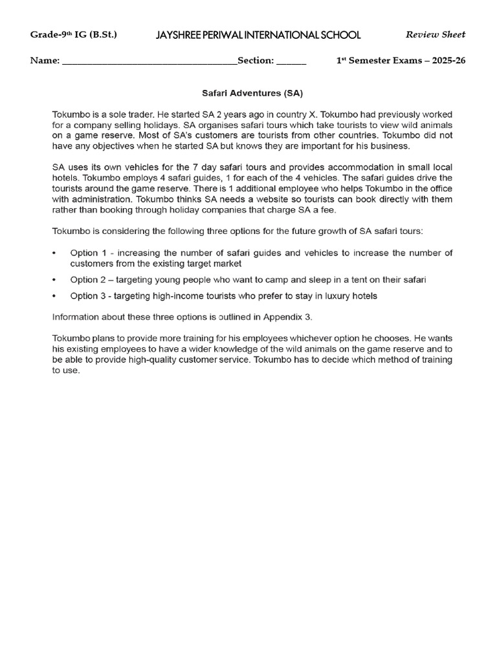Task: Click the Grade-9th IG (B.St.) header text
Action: [74, 35]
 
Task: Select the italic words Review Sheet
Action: [435, 35]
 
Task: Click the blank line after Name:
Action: [149, 62]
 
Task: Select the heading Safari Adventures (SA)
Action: [249, 93]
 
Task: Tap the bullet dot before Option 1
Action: [54, 253]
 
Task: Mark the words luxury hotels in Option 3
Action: [348, 296]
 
